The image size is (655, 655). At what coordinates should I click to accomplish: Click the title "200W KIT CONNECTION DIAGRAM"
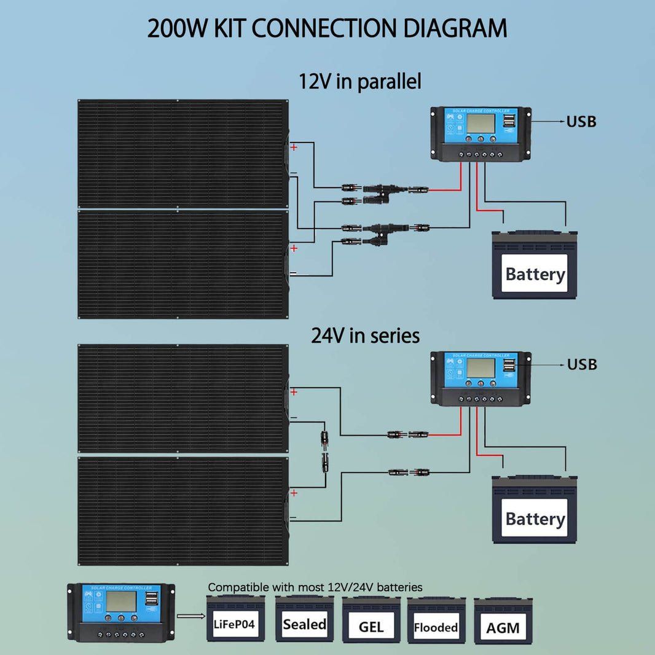pyautogui.click(x=327, y=29)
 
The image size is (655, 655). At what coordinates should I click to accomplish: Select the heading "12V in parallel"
pyautogui.click(x=360, y=81)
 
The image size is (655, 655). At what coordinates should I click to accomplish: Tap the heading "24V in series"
pyautogui.click(x=365, y=335)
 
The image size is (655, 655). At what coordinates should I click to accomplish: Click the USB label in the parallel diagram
pyautogui.click(x=581, y=122)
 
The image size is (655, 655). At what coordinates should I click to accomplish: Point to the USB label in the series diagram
pyautogui.click(x=581, y=364)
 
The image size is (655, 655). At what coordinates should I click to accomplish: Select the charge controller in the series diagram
pyautogui.click(x=480, y=378)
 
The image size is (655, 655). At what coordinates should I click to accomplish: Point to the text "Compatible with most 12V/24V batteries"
pyautogui.click(x=315, y=587)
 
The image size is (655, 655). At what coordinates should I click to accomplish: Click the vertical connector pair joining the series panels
pyautogui.click(x=323, y=451)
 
